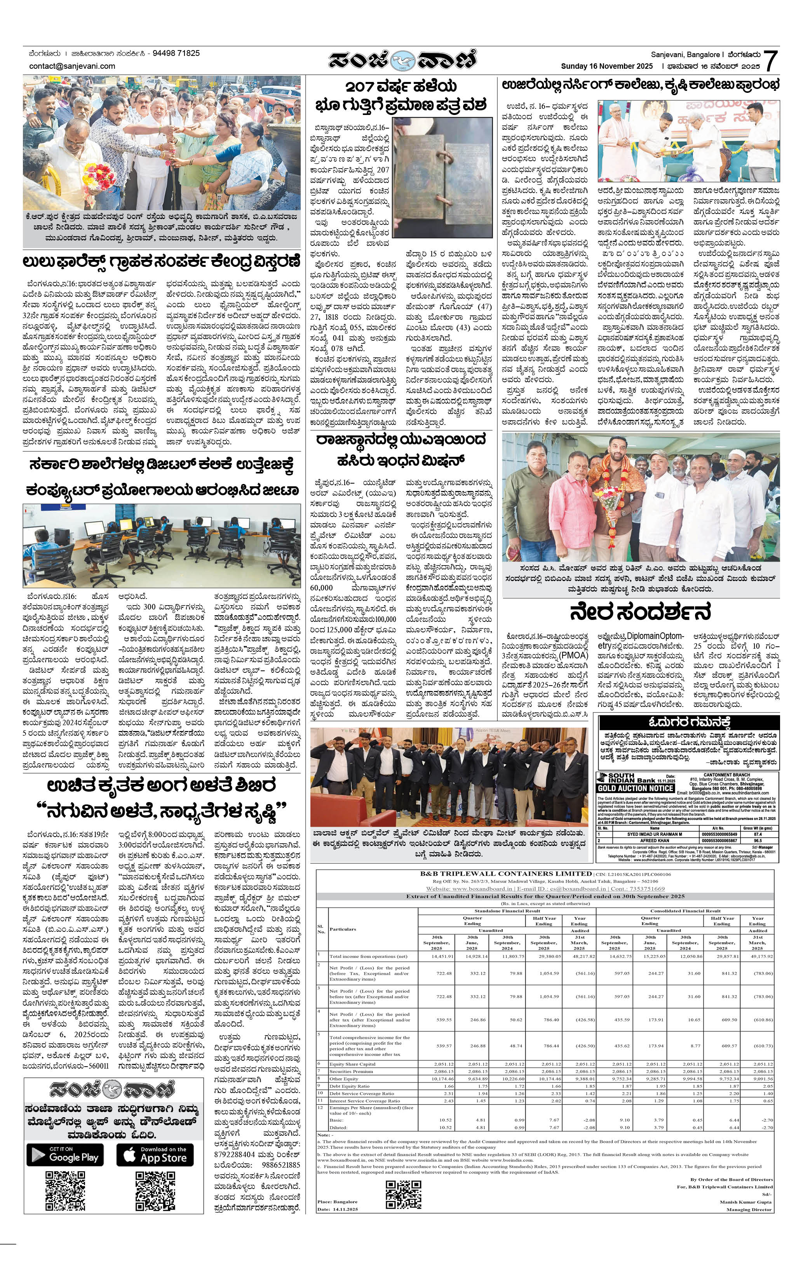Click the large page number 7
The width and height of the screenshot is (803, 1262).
pyautogui.click(x=770, y=61)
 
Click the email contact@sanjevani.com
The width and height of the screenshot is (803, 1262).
pyautogui.click(x=72, y=66)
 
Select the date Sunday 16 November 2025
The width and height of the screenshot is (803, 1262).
pyautogui.click(x=606, y=66)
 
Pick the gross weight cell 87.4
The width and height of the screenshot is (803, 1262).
pyautogui.click(x=758, y=834)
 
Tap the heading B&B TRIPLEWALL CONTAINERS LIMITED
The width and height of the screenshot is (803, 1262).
pyautogui.click(x=506, y=874)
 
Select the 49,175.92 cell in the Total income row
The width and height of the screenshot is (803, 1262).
pyautogui.click(x=761, y=956)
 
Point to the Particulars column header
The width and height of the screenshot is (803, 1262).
pyautogui.click(x=343, y=929)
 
